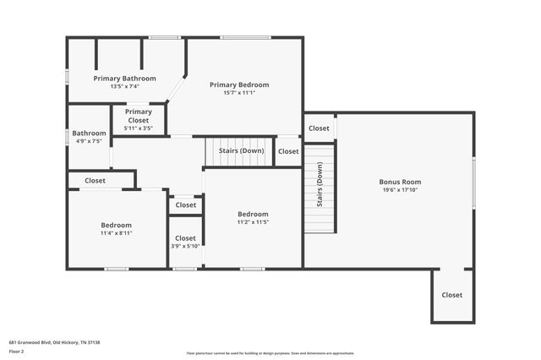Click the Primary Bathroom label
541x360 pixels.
[124, 78]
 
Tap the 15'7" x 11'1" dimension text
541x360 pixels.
[239, 93]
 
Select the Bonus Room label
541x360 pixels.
[400, 182]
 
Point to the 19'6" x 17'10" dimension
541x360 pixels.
[400, 190]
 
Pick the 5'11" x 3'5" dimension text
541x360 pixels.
[139, 128]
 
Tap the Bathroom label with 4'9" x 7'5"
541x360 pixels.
[89, 133]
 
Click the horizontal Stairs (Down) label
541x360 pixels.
[240, 150]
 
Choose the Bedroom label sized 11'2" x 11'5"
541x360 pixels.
[253, 214]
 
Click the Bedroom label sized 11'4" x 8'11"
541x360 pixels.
[117, 225]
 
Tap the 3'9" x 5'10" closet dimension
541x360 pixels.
[185, 246]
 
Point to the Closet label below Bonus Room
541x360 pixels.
[452, 295]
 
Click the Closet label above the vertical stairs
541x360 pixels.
[319, 128]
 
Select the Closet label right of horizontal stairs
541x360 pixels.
[288, 151]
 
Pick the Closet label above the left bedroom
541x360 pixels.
[95, 180]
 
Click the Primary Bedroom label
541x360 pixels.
[239, 85]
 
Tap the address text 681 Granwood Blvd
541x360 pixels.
[54, 342]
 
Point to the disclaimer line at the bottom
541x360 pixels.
[270, 353]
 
